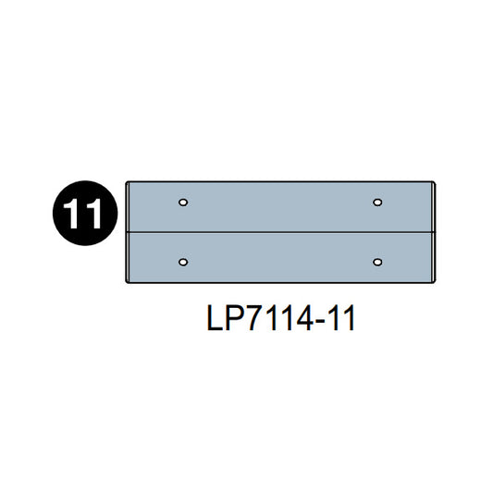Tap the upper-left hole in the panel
(183, 202)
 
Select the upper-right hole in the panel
(377, 202)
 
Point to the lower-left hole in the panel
(183, 262)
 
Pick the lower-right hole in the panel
(377, 262)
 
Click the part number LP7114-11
(279, 320)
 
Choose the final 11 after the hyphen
(339, 320)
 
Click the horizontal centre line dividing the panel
(279, 229)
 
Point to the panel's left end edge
(127, 231)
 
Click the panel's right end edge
(433, 231)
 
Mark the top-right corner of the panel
(433, 183)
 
